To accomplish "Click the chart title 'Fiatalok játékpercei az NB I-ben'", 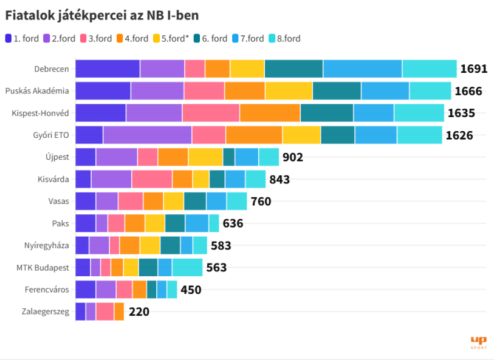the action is [102, 16].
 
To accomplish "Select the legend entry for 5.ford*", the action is [171, 38].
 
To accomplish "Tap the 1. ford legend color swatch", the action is [9, 38].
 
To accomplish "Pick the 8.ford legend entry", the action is [285, 38].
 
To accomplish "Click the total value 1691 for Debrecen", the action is [474, 69].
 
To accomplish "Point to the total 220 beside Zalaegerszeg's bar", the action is [139, 311].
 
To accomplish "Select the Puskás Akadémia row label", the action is [37, 91].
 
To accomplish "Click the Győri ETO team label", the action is [51, 135].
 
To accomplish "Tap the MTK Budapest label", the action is [43, 268].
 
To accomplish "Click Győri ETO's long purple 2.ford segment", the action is [148, 135].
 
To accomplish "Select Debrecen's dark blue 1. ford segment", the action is [108, 69].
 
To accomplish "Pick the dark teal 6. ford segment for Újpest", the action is [228, 157].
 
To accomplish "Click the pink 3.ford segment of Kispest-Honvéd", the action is [211, 113].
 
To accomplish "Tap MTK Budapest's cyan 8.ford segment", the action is [188, 268].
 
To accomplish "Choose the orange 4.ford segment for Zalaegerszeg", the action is [119, 311].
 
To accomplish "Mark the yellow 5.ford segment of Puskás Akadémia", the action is [289, 90].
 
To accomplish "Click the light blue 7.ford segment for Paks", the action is [197, 223].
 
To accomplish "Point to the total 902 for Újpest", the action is [293, 157].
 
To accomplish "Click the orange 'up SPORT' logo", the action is [479, 342].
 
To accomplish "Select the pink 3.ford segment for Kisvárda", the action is [152, 179].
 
